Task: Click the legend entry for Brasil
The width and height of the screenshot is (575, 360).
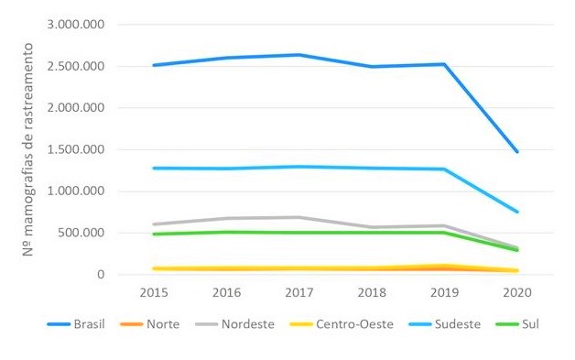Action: pyautogui.click(x=82, y=323)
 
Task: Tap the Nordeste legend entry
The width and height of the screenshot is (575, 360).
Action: pyautogui.click(x=248, y=323)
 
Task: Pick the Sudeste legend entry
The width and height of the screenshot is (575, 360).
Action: pyautogui.click(x=450, y=323)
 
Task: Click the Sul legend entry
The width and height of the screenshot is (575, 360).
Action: pyautogui.click(x=526, y=323)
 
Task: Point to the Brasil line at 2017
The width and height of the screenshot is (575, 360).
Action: pyautogui.click(x=298, y=55)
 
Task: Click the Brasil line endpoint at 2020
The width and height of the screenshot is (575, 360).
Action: pyautogui.click(x=517, y=152)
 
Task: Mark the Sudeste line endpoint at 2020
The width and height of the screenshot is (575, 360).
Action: pyautogui.click(x=517, y=212)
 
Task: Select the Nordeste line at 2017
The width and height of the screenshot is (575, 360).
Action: pyautogui.click(x=298, y=217)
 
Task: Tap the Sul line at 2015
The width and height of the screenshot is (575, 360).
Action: pyautogui.click(x=153, y=235)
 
